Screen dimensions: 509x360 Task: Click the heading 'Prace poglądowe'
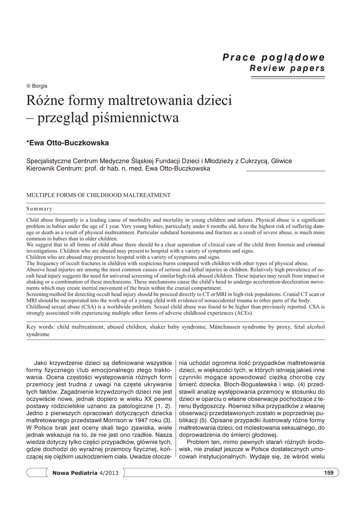click(273, 57)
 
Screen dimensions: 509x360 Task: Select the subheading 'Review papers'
click(287, 68)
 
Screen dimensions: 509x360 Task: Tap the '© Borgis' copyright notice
click(37, 86)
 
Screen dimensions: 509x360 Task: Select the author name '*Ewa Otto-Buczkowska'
click(67, 143)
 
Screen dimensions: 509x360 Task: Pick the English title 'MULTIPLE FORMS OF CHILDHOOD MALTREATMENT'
click(98, 195)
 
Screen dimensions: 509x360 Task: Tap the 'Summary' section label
click(39, 209)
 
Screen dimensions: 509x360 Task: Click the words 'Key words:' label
click(40, 328)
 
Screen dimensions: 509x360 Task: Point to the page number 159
click(328, 472)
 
